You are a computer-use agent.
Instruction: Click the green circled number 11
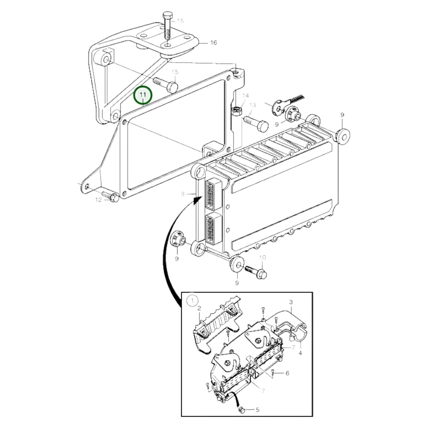click(x=143, y=96)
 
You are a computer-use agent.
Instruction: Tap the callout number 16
click(x=213, y=43)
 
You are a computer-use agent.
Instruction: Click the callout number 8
click(x=183, y=194)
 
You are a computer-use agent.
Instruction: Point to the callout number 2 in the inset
click(x=199, y=308)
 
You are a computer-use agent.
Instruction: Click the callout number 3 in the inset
click(x=291, y=302)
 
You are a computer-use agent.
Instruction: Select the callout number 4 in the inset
click(x=300, y=353)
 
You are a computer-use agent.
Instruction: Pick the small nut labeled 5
click(x=241, y=410)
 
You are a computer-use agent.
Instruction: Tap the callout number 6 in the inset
click(x=287, y=373)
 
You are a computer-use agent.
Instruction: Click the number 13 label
click(x=252, y=105)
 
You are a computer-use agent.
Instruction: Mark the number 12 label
click(x=98, y=200)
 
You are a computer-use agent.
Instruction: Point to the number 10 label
click(x=262, y=257)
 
